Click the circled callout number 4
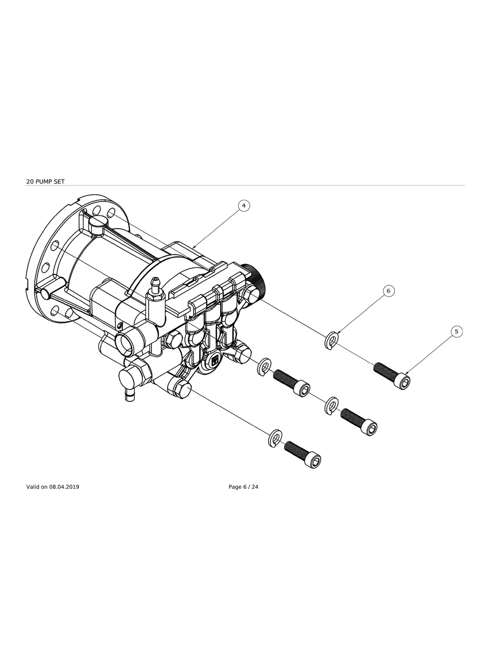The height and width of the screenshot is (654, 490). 244,206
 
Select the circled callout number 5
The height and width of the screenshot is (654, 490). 456,331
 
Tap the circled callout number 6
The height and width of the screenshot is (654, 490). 388,291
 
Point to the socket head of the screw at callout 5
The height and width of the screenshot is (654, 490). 403,381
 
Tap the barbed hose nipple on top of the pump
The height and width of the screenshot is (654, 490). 155,285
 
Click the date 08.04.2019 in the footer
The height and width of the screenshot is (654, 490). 64,487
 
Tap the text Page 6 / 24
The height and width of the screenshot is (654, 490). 243,487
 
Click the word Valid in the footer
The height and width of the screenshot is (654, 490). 33,487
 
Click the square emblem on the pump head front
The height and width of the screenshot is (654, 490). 215,360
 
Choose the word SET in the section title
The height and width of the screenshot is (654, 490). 59,181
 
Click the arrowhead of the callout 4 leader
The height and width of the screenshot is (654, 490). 194,247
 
